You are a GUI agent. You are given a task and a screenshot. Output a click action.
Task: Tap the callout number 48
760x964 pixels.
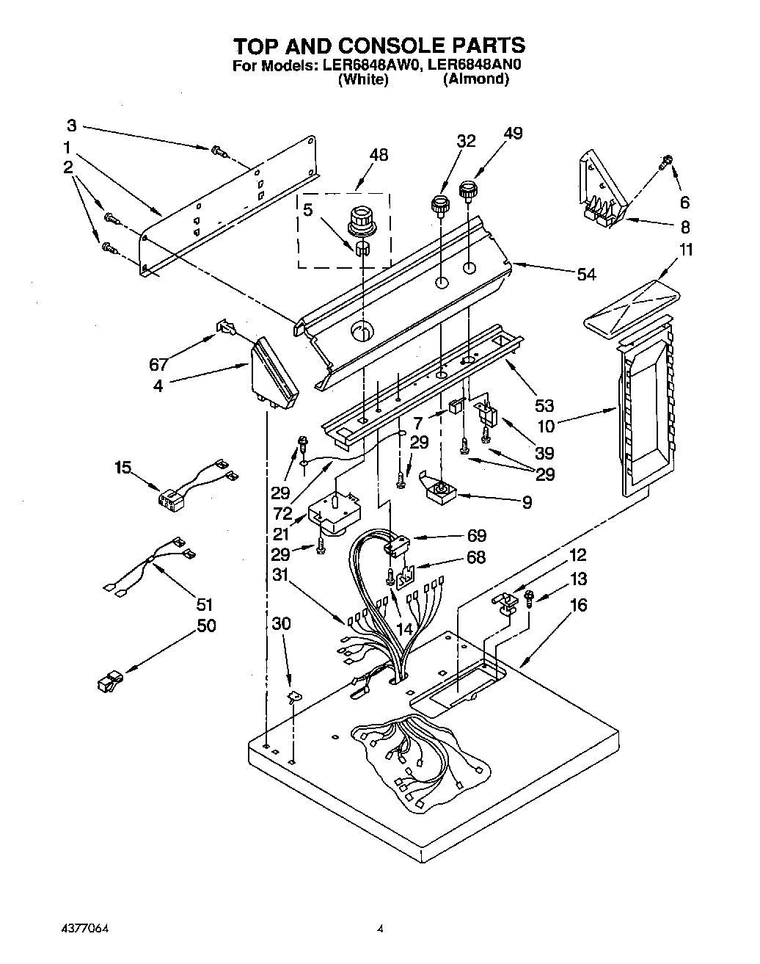tap(379, 155)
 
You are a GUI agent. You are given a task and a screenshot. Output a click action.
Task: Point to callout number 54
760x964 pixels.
tap(585, 275)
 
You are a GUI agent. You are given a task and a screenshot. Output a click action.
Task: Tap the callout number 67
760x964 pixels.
tap(159, 365)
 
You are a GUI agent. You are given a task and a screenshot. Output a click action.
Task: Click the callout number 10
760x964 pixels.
tap(567, 424)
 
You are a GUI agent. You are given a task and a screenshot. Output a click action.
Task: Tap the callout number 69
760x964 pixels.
tap(476, 535)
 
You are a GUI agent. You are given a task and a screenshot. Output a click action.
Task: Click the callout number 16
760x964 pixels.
tap(578, 605)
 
